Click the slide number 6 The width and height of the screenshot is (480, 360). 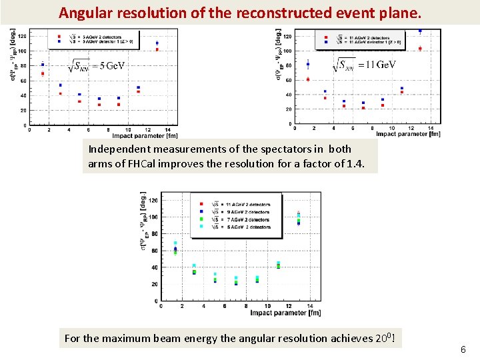(463, 349)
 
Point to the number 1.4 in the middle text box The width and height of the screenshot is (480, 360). (355, 163)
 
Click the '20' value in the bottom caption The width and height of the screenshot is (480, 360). (378, 338)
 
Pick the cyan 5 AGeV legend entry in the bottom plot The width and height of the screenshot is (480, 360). (234, 227)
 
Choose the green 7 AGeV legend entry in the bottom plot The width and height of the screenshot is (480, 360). (234, 219)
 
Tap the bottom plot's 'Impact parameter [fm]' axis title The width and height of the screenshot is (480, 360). (285, 313)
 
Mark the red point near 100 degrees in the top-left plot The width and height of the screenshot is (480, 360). (157, 49)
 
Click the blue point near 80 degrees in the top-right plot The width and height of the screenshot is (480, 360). (308, 65)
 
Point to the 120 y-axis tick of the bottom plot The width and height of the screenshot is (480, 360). (153, 200)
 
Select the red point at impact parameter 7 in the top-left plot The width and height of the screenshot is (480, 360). (99, 105)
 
